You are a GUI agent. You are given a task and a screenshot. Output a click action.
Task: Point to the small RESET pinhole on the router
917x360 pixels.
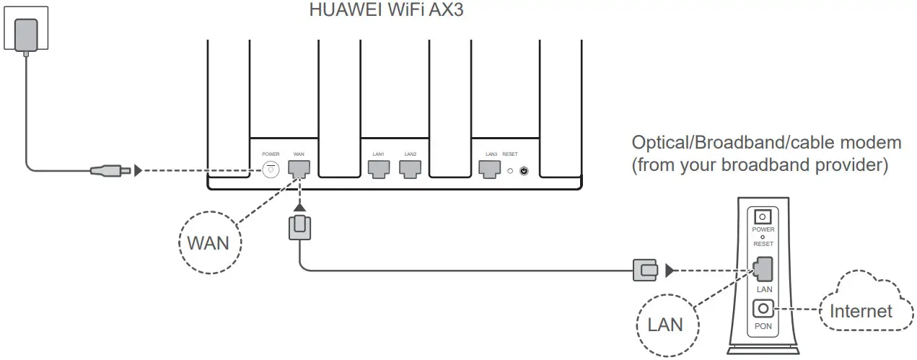tap(511, 172)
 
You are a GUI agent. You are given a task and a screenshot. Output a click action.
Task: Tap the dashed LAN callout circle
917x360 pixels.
tap(665, 324)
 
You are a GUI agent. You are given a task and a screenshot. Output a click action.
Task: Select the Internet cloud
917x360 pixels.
tap(862, 306)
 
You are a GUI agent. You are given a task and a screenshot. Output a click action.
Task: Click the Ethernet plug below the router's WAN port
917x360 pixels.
tap(299, 227)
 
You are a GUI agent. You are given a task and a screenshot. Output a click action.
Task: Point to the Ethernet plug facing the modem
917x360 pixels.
tap(645, 271)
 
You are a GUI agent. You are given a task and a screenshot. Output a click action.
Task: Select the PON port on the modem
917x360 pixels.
tap(763, 309)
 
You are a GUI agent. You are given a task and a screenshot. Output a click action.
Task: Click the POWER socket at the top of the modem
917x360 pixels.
tap(763, 216)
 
